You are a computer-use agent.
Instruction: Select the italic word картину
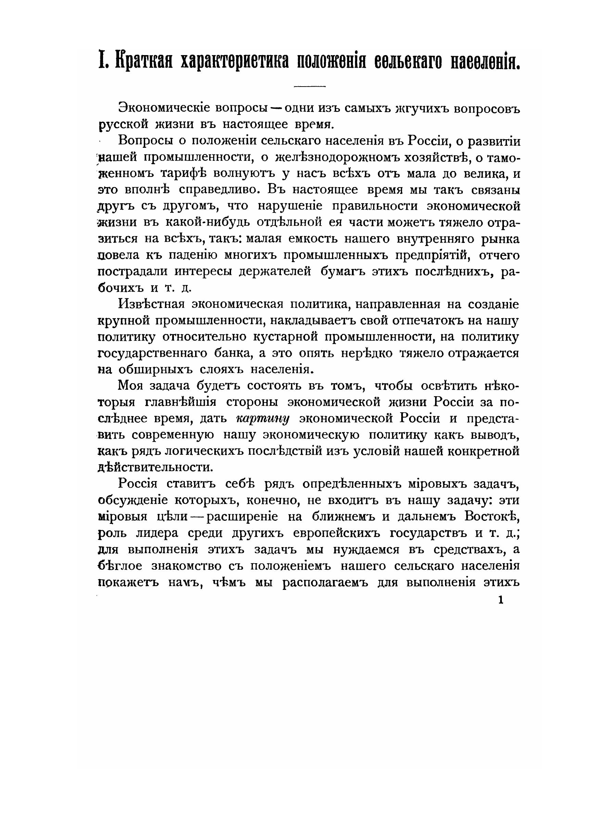point(263,419)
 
